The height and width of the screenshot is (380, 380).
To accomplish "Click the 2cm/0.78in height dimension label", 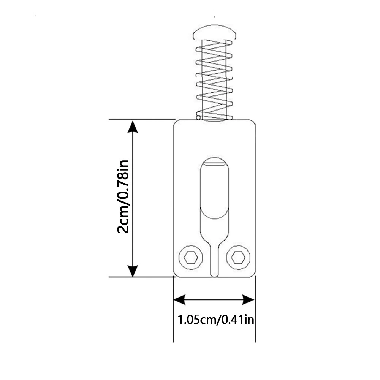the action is tap(123, 196).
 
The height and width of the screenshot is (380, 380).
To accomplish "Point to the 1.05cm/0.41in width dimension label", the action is tap(216, 320).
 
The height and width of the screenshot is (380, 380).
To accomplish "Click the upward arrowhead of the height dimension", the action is tap(133, 127).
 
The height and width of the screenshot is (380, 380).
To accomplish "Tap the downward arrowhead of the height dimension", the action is tap(133, 271).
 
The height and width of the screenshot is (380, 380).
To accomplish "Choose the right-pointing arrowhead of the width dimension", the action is tap(249, 300).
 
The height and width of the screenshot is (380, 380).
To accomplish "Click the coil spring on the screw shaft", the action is tap(214, 80).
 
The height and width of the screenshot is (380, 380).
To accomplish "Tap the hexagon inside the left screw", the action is tap(191, 257).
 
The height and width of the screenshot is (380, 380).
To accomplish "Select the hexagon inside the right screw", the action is tap(238, 257).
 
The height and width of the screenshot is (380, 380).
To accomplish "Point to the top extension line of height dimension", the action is tap(142, 119).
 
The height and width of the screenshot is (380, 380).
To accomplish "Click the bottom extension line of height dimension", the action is tap(141, 277).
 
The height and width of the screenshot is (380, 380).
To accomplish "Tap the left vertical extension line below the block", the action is tap(173, 309).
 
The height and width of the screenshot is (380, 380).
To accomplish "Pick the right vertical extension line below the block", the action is tap(255, 309).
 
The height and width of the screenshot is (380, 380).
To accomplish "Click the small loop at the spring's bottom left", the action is tap(198, 117).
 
